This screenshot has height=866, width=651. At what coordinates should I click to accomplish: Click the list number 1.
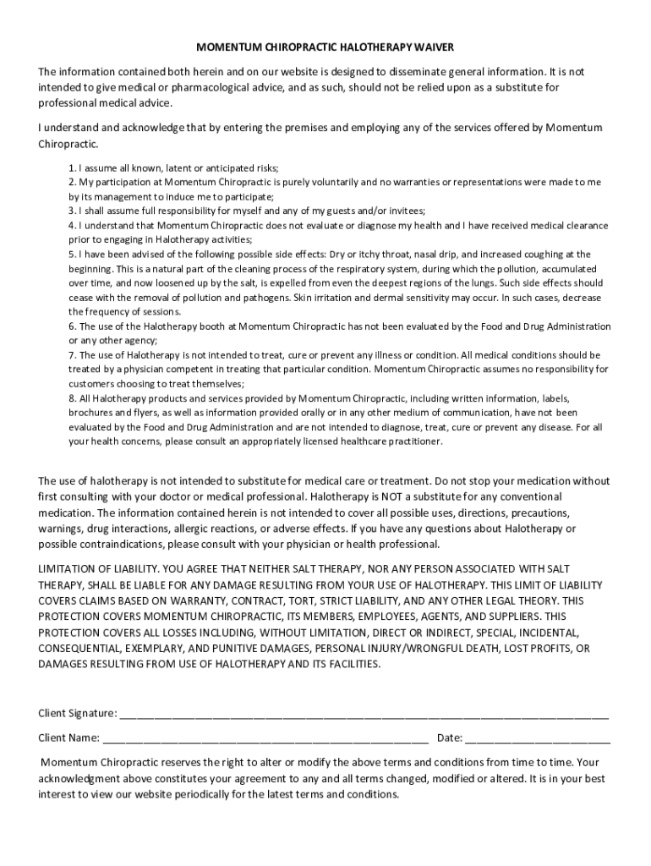click(x=72, y=167)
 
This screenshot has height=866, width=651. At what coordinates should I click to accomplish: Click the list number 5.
click(x=72, y=254)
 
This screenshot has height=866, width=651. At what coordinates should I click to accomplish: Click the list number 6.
click(x=72, y=326)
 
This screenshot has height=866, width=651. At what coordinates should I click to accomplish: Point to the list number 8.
click(x=72, y=398)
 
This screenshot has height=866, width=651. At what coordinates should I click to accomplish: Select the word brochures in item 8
click(x=90, y=413)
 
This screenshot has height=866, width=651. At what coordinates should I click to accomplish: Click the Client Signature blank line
click(x=364, y=713)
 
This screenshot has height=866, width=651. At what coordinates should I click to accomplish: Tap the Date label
click(x=449, y=737)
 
